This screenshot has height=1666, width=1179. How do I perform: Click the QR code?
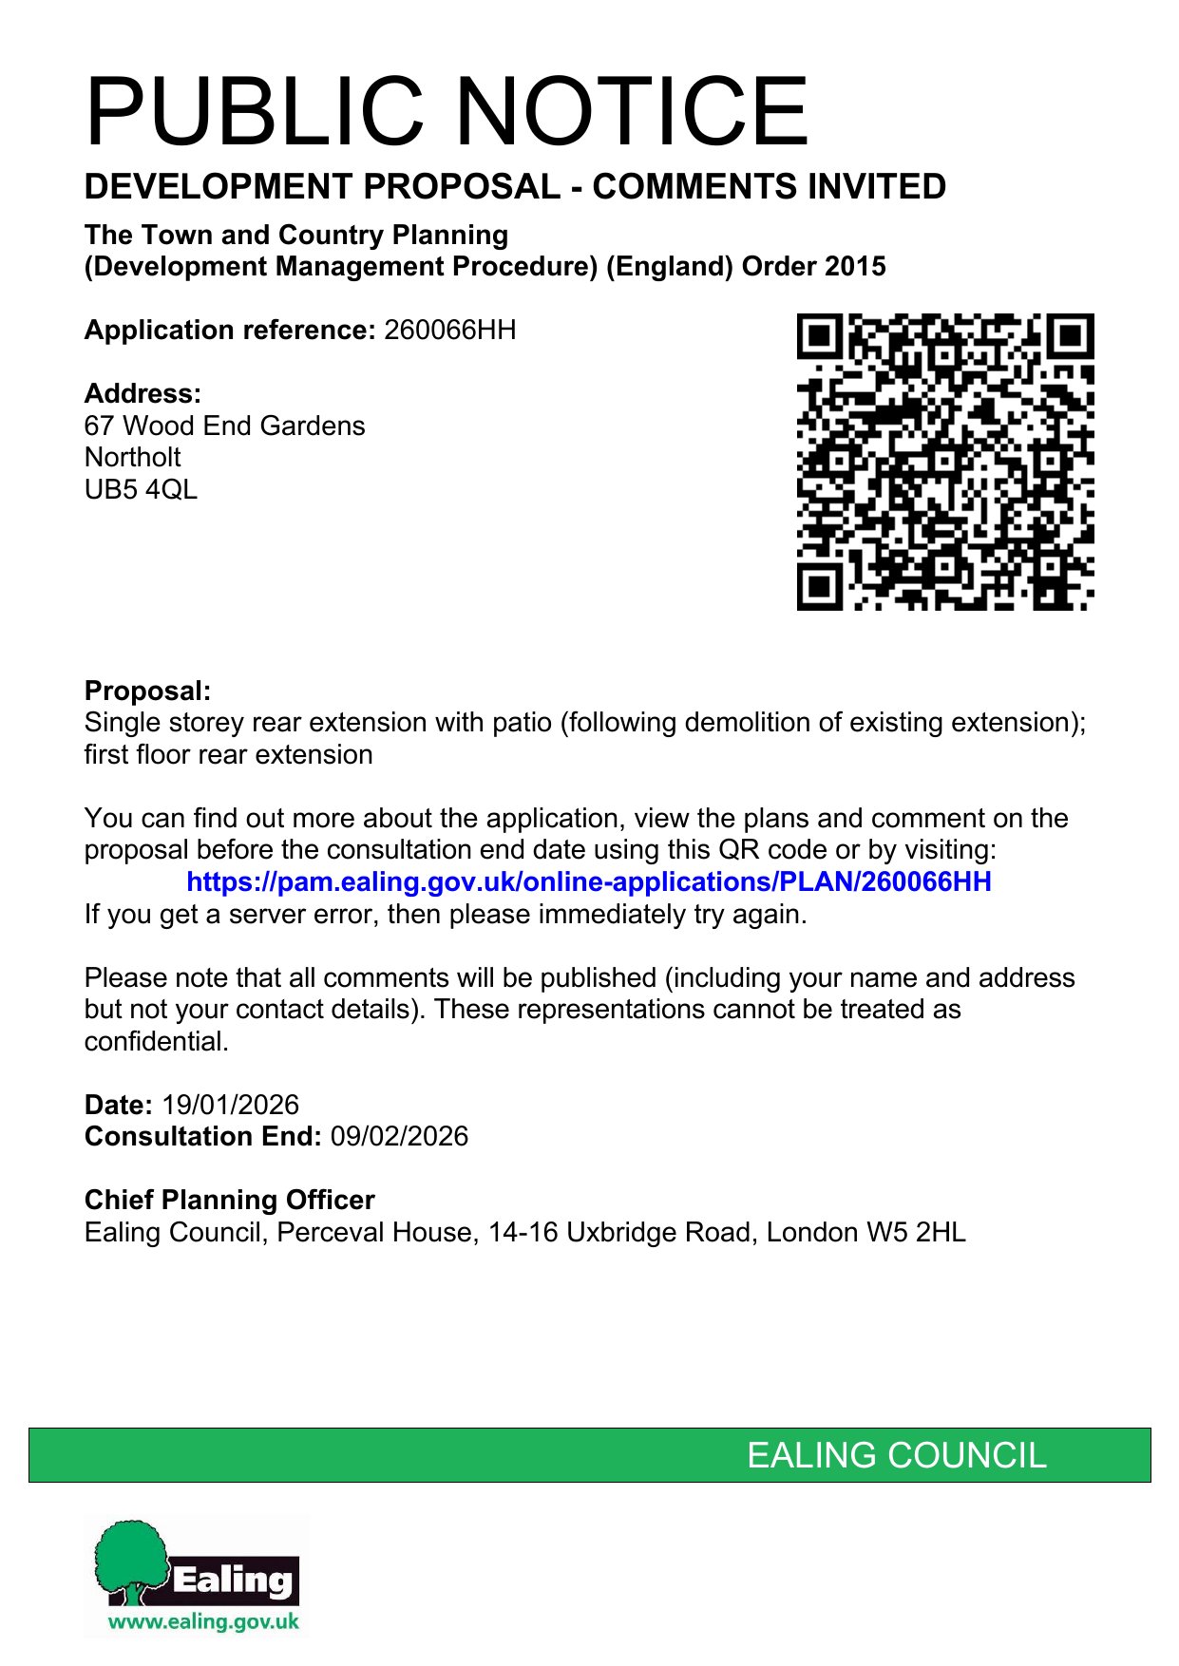(944, 462)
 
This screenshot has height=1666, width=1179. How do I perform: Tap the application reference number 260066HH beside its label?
(449, 331)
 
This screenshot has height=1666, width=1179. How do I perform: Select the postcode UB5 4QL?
(141, 490)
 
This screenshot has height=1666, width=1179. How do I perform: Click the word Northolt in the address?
(132, 458)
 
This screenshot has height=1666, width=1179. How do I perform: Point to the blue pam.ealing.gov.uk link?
(588, 882)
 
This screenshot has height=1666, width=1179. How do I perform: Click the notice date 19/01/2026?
(230, 1106)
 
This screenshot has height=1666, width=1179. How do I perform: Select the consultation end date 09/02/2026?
(399, 1137)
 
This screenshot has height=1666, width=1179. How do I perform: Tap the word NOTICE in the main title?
(635, 112)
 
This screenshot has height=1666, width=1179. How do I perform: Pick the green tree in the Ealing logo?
(130, 1558)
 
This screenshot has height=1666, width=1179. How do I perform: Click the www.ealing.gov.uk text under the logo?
(203, 1621)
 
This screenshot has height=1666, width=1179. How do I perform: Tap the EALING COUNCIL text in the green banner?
(896, 1455)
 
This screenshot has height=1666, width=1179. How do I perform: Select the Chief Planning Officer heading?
(229, 1201)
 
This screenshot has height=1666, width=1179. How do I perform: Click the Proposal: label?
(147, 691)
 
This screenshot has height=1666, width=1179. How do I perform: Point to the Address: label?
(143, 394)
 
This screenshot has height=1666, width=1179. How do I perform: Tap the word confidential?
(156, 1042)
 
